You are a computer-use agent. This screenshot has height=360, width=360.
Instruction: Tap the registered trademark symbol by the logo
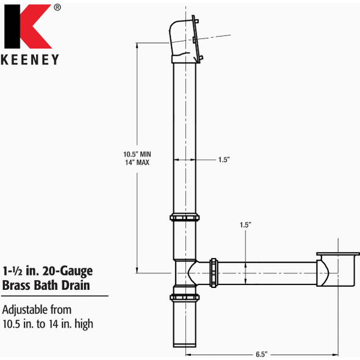(x=57, y=8)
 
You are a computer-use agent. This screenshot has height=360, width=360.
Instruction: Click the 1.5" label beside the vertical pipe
(x=223, y=159)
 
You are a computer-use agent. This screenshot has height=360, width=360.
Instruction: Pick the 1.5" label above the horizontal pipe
(x=245, y=225)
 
